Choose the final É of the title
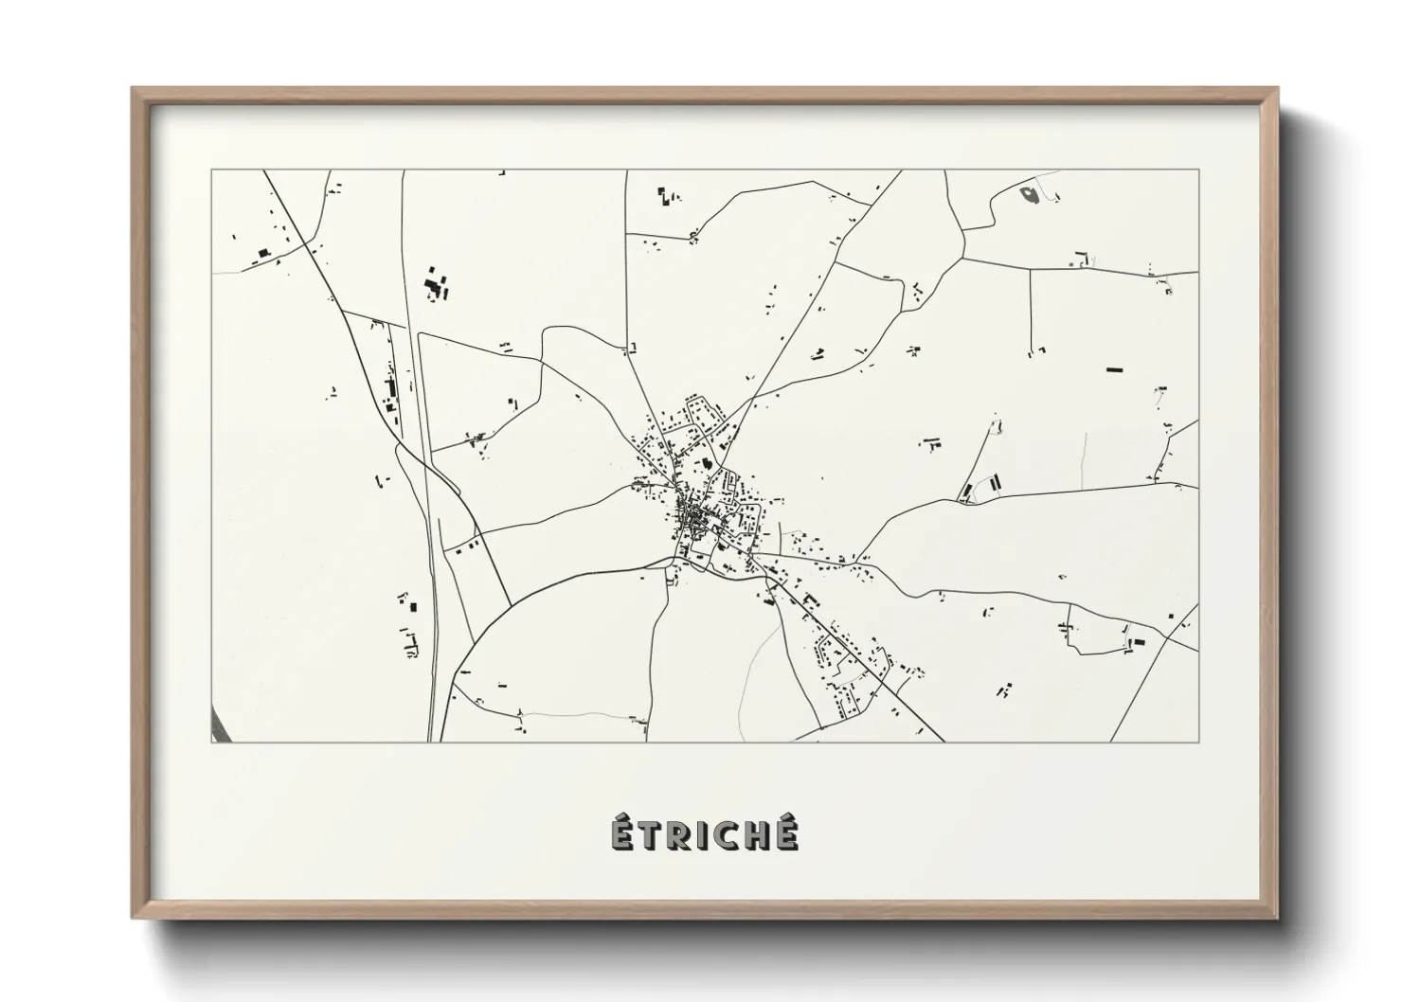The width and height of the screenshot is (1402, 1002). (x=786, y=832)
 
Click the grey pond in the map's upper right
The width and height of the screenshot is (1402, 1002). (x=1029, y=194)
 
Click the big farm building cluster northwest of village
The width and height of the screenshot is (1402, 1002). (x=435, y=284)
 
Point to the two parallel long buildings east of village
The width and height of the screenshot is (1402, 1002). (x=981, y=487)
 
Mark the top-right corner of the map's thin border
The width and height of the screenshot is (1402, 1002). (x=1198, y=170)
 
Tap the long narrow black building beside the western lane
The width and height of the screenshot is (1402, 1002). (x=388, y=387)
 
